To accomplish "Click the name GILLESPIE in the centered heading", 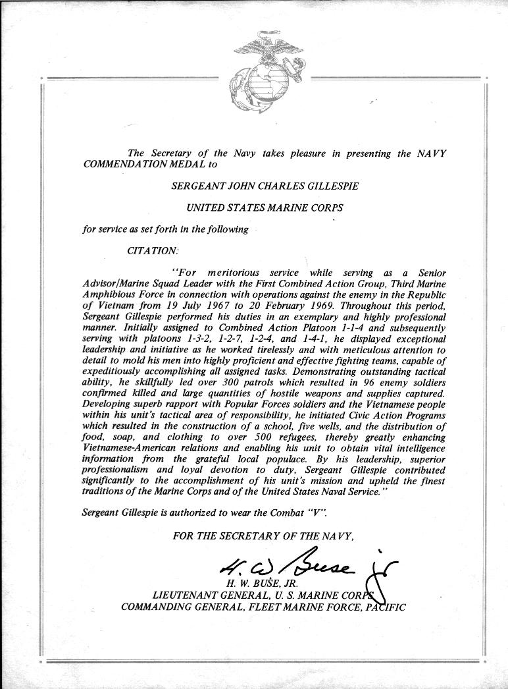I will pos(331,186).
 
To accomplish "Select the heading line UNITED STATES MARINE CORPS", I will pos(265,207).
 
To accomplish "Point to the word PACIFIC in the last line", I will pos(385,606).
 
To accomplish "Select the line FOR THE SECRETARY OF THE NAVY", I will pos(263,536).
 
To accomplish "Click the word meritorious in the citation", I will pos(234,273).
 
